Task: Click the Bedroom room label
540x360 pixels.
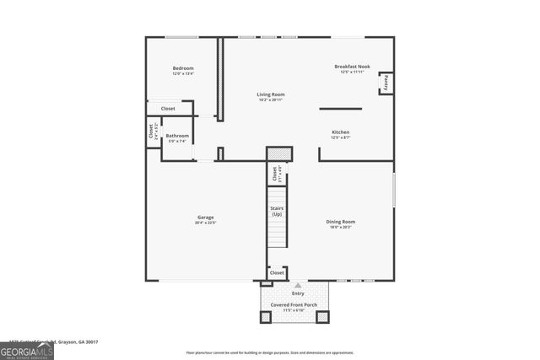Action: (183, 67)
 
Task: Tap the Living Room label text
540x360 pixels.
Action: (270, 94)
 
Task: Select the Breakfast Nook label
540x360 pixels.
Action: (352, 67)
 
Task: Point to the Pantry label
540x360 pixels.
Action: (386, 83)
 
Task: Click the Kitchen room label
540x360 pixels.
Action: (340, 132)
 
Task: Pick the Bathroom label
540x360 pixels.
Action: (177, 136)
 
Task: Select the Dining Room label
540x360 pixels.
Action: (340, 222)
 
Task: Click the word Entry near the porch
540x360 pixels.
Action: (298, 293)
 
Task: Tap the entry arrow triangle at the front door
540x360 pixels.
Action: (297, 285)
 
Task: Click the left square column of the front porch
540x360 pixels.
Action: (266, 317)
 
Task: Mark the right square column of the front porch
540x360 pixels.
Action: (321, 317)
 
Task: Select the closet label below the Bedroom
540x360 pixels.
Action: (168, 108)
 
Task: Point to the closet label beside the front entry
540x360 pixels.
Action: (276, 273)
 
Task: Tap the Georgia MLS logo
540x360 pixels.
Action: (26, 348)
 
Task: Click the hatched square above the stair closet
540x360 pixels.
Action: (279, 153)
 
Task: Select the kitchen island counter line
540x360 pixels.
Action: (340, 108)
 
